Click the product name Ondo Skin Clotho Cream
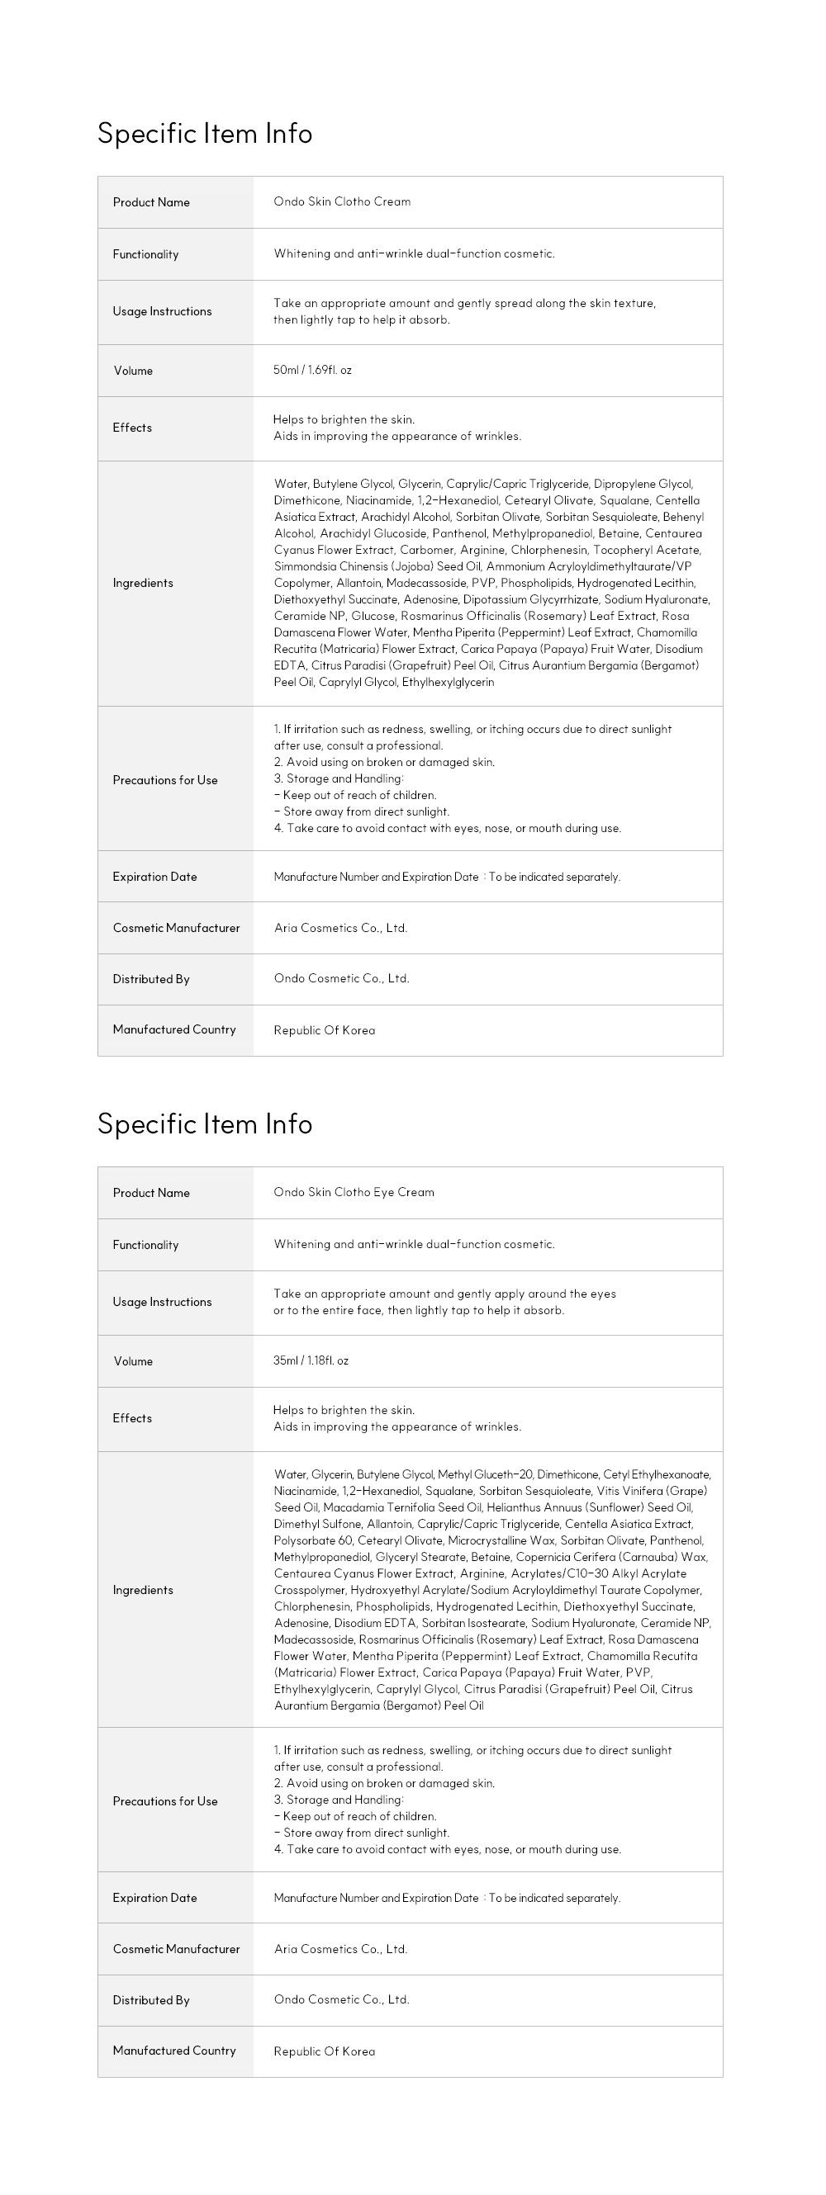click(x=342, y=202)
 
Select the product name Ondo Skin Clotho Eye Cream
click(x=354, y=1192)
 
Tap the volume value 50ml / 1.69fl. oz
click(x=312, y=370)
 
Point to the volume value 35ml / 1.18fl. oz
click(x=311, y=1360)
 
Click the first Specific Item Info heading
click(x=205, y=134)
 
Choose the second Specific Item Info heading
click(x=205, y=1124)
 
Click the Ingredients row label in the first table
click(x=142, y=583)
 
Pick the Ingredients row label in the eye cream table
click(x=142, y=1590)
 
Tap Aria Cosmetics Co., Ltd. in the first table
click(x=340, y=928)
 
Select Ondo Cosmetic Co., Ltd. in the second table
click(x=341, y=1999)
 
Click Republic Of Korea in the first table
click(x=324, y=1030)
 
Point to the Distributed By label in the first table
click(x=151, y=979)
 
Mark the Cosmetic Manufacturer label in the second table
click(x=176, y=1949)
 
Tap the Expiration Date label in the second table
click(x=154, y=1898)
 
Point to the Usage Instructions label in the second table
click(x=162, y=1302)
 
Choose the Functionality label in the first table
click(x=145, y=254)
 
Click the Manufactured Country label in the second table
click(x=174, y=2051)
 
